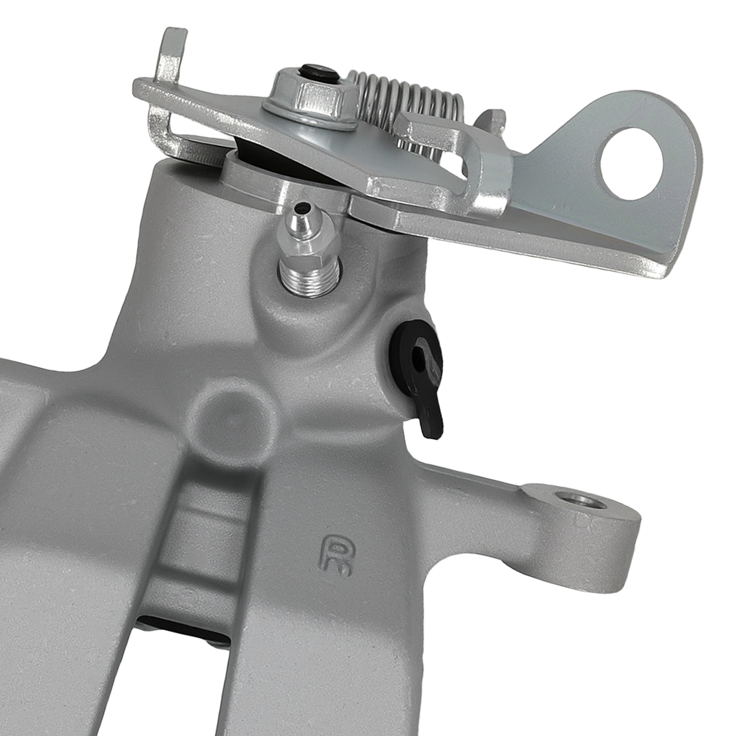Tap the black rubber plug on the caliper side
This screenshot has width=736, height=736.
(418, 363)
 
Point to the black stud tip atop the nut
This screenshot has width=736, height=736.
(317, 72)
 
